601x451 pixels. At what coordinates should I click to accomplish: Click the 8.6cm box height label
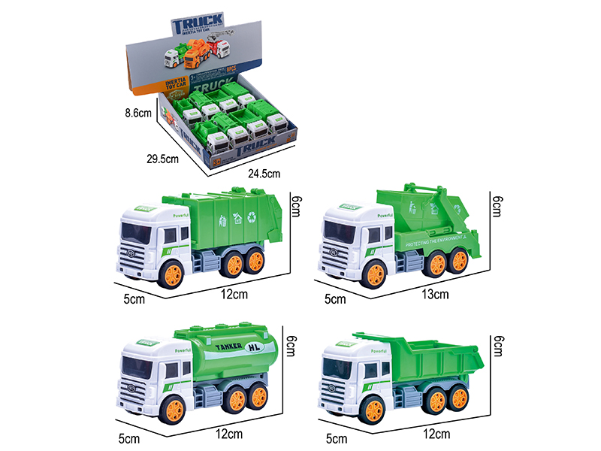coord(139,114)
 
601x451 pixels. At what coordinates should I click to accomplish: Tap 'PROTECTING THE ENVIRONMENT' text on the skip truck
coord(439,241)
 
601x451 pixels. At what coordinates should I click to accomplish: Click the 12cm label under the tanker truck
coord(234,434)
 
